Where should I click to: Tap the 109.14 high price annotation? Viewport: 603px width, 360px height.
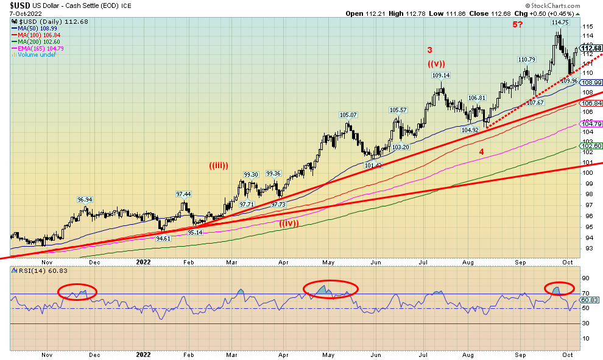click(441, 76)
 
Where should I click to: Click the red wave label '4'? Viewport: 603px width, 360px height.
click(481, 151)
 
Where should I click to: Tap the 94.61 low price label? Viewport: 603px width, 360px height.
click(163, 239)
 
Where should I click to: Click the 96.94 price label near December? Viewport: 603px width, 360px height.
click(85, 200)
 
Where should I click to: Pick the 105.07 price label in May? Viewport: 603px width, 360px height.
click(348, 115)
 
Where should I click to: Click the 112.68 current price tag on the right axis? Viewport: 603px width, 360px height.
click(591, 48)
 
